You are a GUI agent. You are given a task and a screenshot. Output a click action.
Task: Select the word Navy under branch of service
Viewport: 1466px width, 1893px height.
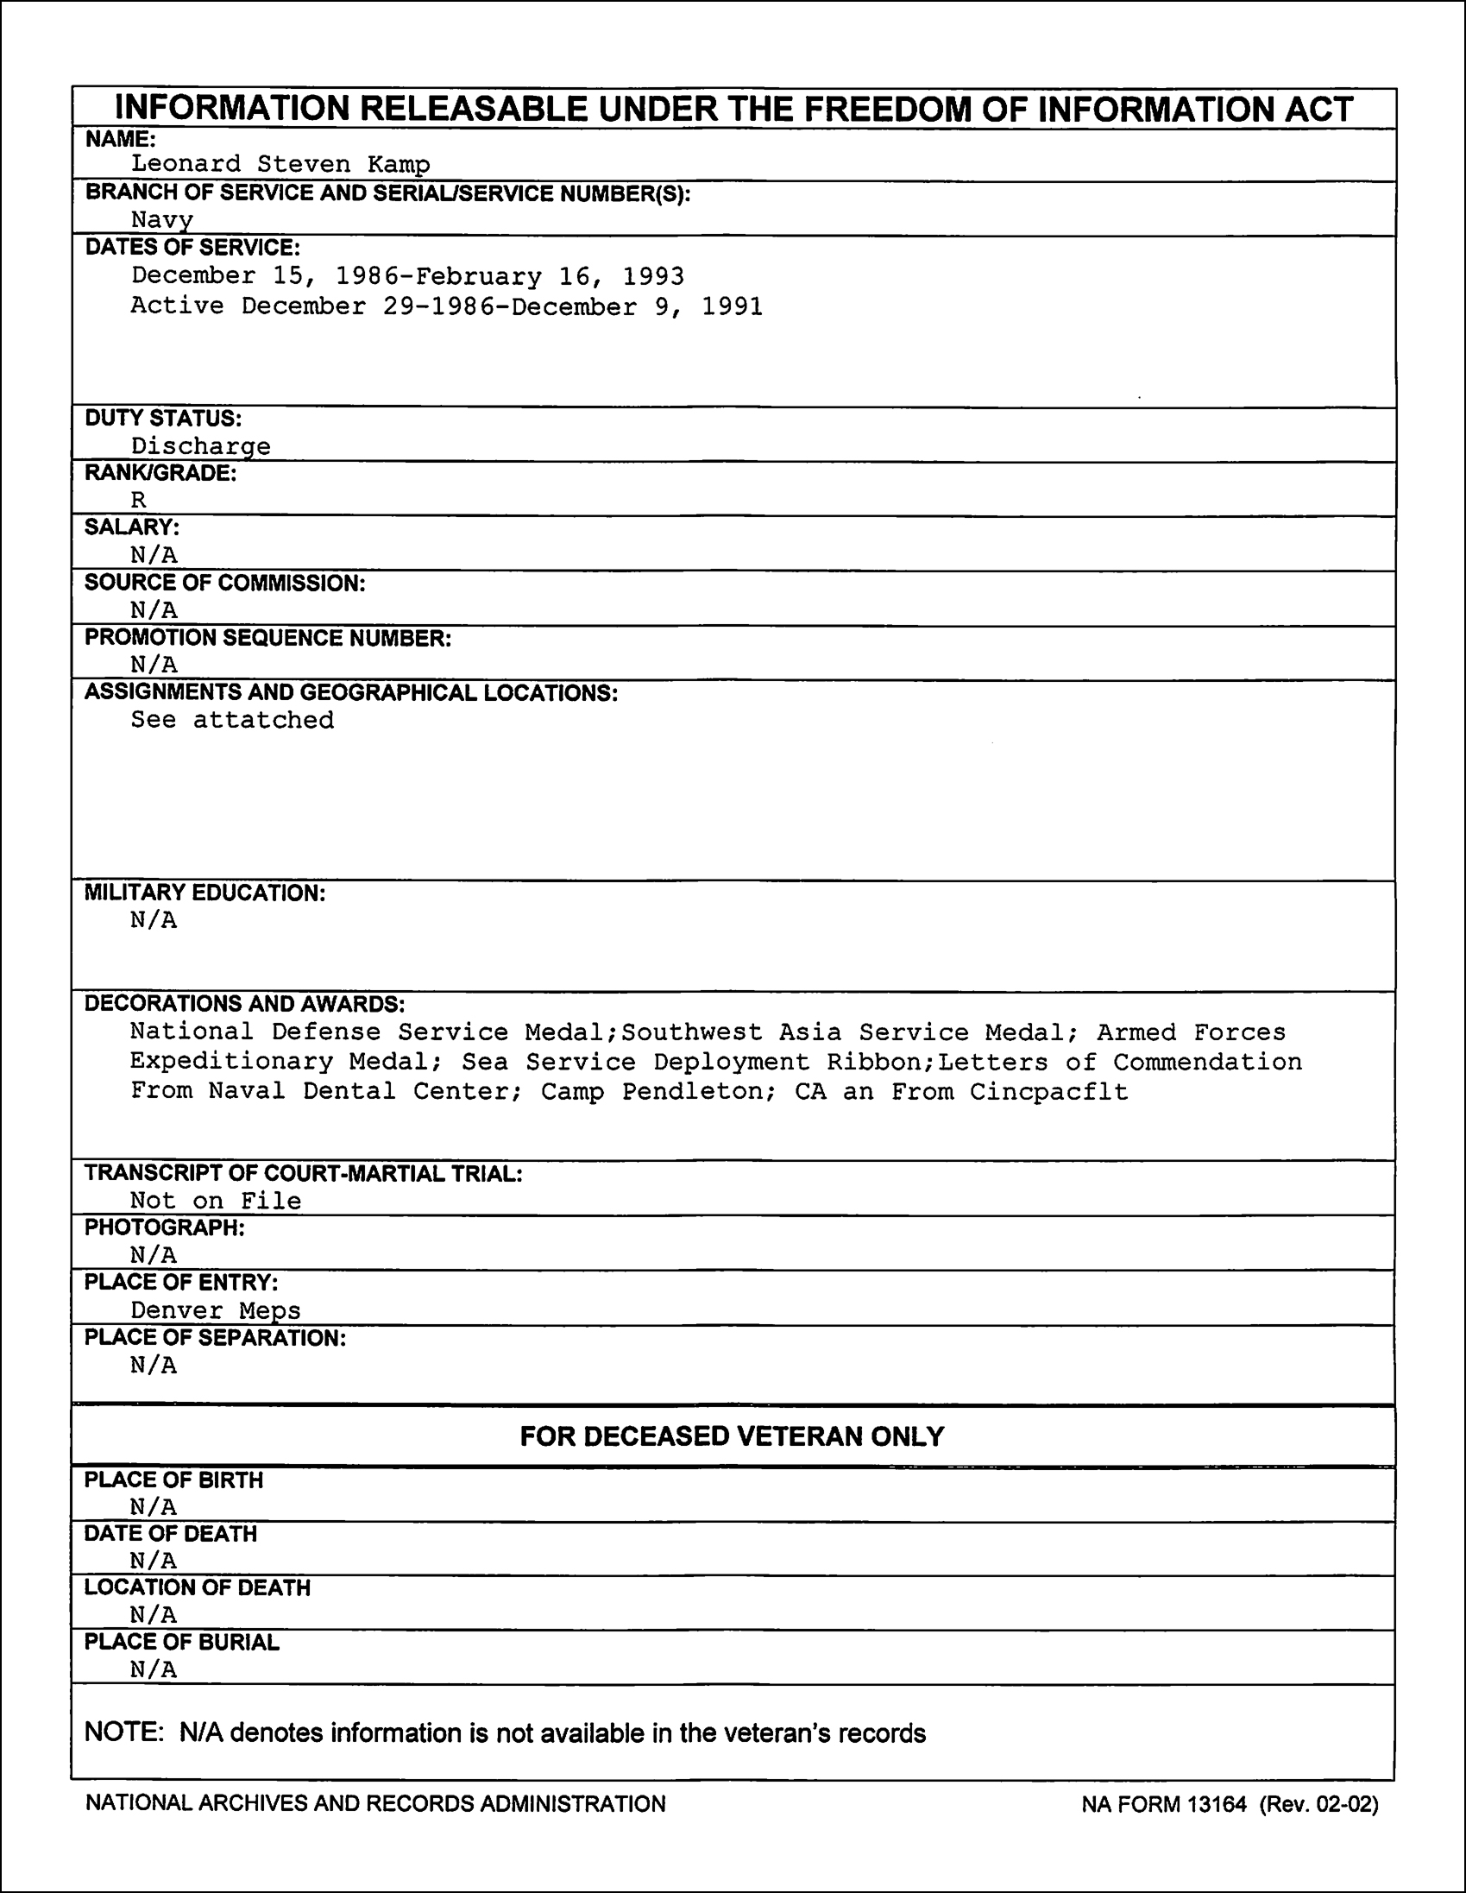point(162,220)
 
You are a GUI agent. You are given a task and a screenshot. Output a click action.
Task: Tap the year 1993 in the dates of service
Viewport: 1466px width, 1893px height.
point(653,276)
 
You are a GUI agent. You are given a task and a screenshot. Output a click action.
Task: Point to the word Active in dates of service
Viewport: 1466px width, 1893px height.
point(177,306)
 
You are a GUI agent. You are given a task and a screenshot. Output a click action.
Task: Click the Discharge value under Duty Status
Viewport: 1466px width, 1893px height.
point(200,446)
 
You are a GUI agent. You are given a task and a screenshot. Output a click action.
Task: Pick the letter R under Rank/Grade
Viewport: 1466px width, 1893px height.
point(139,500)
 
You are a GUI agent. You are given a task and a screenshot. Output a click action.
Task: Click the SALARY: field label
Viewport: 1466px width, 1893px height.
point(132,527)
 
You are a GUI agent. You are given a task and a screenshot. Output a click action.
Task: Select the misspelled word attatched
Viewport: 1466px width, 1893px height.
point(262,720)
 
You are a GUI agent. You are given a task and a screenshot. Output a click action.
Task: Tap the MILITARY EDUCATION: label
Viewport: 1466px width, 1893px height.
point(204,893)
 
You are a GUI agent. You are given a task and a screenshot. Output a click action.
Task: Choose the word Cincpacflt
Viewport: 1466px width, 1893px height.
point(1048,1091)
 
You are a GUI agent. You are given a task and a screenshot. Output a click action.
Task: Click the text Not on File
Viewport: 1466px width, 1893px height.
point(216,1201)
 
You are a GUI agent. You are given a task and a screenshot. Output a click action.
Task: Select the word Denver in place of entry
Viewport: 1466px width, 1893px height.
point(176,1310)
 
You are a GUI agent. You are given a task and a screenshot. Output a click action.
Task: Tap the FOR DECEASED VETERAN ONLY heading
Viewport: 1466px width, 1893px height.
point(732,1436)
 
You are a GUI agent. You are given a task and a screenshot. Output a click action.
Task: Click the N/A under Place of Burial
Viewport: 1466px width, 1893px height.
point(154,1669)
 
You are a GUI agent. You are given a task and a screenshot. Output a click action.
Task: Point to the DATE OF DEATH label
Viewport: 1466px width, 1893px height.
point(171,1533)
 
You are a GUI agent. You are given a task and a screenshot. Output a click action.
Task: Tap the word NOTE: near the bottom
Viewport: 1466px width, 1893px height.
point(123,1733)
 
